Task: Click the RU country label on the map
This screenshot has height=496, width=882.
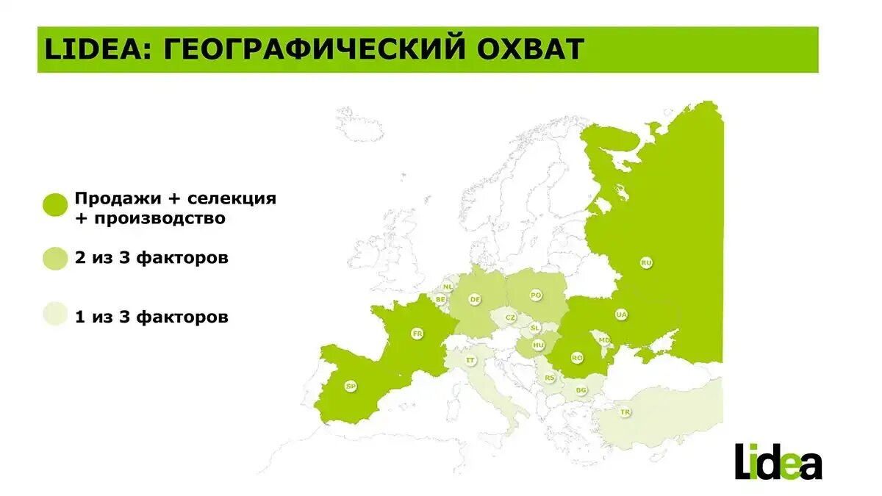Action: pos(646,262)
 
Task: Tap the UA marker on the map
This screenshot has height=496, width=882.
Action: pos(622,315)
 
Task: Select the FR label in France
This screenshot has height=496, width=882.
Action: pos(417,334)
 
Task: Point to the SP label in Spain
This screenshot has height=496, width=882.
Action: pos(351,386)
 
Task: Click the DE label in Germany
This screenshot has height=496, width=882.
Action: pos(476,299)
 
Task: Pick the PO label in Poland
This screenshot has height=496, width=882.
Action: pos(536,295)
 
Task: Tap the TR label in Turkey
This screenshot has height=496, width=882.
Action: pos(625,412)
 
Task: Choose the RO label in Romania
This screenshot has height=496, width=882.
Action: pos(577,358)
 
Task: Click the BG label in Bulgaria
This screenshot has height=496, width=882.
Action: pos(581,390)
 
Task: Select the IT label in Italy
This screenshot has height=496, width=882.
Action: pos(470,360)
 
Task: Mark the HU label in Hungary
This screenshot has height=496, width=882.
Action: pos(538,344)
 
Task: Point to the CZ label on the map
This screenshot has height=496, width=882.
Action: pos(510,317)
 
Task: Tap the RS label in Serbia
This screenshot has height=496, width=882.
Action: pos(550,378)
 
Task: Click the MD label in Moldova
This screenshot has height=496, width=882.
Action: pos(603,340)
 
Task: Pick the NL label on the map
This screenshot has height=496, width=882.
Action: pos(448,287)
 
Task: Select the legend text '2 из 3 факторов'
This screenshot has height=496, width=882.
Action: pos(151,259)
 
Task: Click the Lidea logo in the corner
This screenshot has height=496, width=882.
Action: pos(778,461)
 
